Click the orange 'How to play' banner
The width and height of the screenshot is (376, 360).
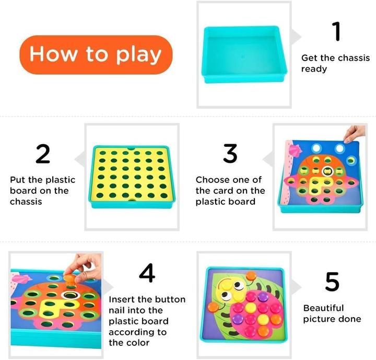(95, 54)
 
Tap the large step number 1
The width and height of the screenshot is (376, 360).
(337, 31)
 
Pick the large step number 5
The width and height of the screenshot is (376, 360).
(332, 282)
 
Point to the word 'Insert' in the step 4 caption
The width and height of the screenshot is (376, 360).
(122, 299)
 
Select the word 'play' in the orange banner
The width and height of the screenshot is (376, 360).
(137, 54)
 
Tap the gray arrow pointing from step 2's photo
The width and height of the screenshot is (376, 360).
(79, 159)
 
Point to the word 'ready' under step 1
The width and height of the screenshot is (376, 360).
(314, 69)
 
